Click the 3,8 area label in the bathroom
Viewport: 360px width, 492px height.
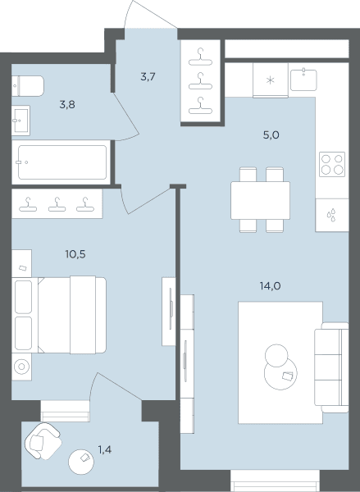click(x=67, y=104)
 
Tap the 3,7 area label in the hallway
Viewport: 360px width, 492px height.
click(x=148, y=76)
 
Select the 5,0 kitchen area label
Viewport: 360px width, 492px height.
click(x=271, y=135)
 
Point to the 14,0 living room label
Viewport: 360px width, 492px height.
click(x=271, y=286)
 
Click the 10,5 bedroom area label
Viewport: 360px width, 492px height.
click(x=75, y=254)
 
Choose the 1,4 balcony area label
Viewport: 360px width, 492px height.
click(x=105, y=450)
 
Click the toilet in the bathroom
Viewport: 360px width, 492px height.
click(x=28, y=85)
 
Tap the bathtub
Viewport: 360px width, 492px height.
click(x=62, y=162)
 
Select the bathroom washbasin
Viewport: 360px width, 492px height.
click(x=21, y=121)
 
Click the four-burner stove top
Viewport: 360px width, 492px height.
click(x=332, y=164)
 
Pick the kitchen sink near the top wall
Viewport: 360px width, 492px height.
click(x=303, y=80)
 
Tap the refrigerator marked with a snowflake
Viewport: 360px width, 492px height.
click(x=271, y=80)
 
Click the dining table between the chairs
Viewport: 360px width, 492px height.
click(x=260, y=200)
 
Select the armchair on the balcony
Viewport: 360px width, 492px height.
click(x=43, y=441)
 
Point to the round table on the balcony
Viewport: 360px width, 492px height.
click(x=81, y=462)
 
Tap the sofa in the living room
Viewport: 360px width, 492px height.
click(x=332, y=367)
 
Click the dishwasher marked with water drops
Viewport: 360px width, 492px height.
click(x=332, y=215)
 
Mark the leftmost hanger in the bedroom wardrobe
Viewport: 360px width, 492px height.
click(x=28, y=204)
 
